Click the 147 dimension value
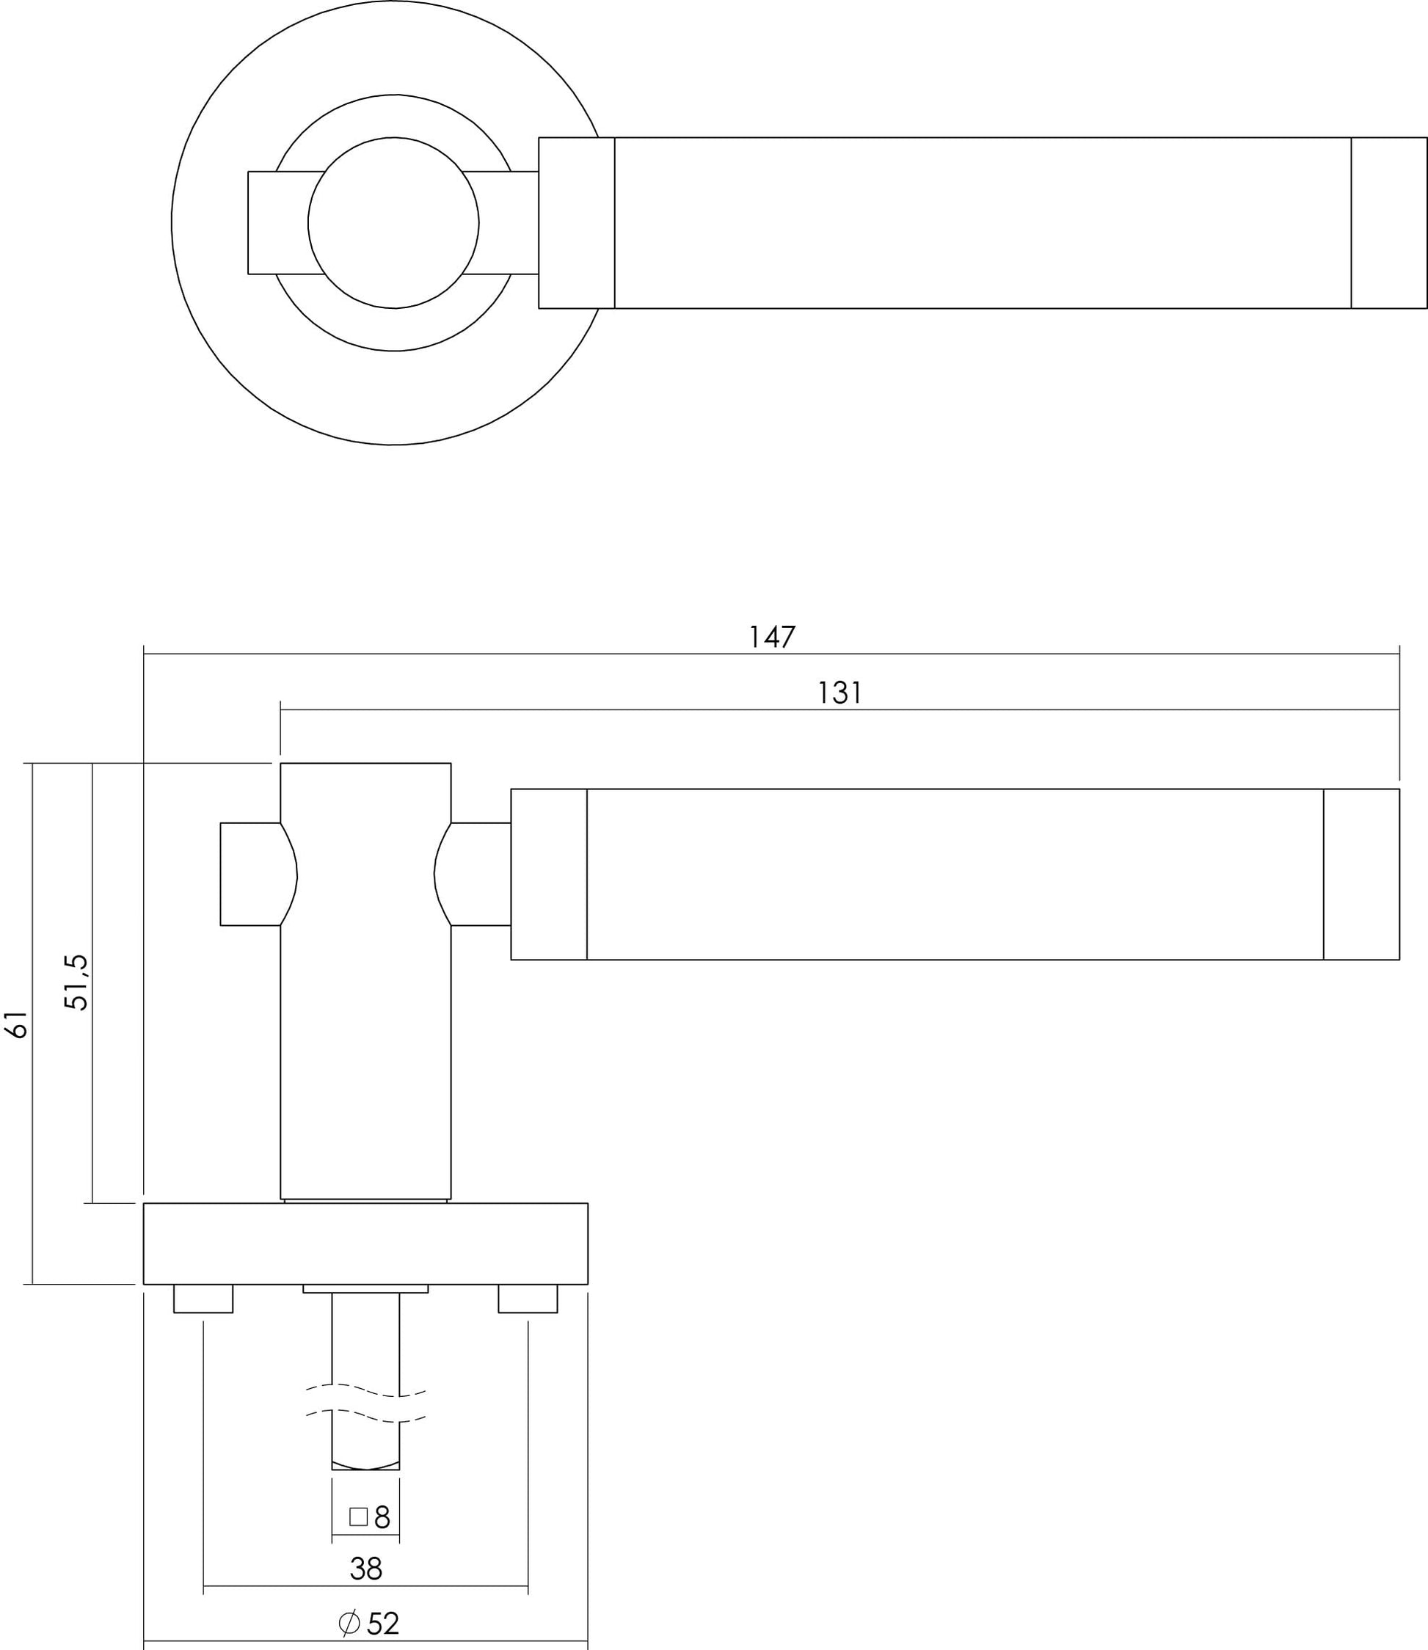point(772,637)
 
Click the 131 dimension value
point(840,693)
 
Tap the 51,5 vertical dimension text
point(77,982)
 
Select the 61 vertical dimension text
point(18,1026)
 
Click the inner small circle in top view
point(393,223)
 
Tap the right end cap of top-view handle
point(1388,223)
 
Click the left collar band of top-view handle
point(576,223)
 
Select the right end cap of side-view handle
point(1360,874)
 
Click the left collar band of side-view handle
point(548,874)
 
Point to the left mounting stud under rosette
point(203,1298)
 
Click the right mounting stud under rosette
point(528,1298)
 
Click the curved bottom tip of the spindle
point(365,1464)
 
